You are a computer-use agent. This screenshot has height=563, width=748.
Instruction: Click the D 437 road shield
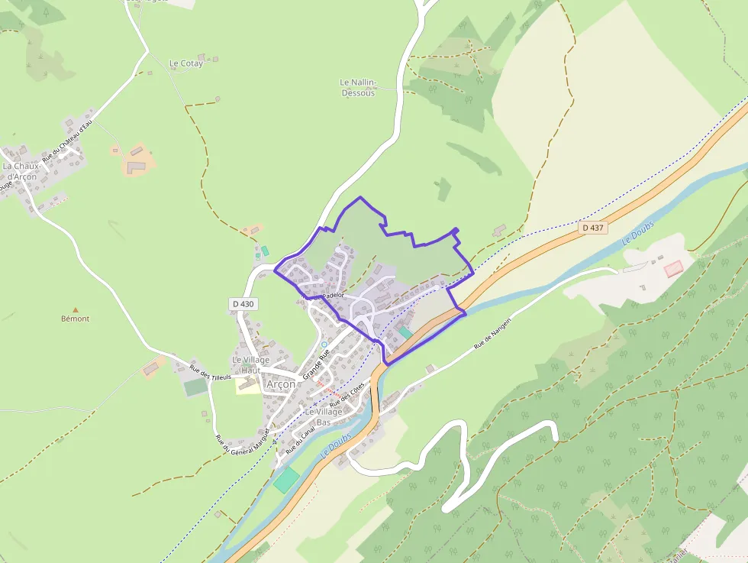[592, 228]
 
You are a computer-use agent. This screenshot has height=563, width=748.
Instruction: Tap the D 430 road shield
[243, 304]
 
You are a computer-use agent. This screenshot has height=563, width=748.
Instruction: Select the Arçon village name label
[280, 384]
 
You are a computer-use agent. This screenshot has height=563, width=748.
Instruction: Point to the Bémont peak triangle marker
[75, 309]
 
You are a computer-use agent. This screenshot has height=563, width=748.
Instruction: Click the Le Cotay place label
[186, 63]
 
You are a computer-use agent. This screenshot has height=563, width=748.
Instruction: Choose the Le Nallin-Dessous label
[358, 87]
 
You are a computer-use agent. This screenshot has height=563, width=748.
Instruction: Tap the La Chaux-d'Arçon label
[20, 171]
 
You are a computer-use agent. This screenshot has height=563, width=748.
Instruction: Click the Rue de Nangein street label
[492, 334]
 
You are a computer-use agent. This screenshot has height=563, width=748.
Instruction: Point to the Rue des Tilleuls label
[210, 372]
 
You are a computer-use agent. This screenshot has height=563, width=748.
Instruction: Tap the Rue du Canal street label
[300, 441]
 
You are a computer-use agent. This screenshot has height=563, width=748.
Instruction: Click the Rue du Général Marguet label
[244, 443]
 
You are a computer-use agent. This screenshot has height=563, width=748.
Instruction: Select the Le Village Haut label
[251, 365]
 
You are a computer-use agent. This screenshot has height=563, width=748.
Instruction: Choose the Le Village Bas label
[324, 416]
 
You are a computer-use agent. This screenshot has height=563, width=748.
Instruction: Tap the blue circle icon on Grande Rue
[324, 345]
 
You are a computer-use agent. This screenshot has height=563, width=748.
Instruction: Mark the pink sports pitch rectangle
[673, 269]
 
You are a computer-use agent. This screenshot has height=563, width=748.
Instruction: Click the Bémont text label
[75, 319]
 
